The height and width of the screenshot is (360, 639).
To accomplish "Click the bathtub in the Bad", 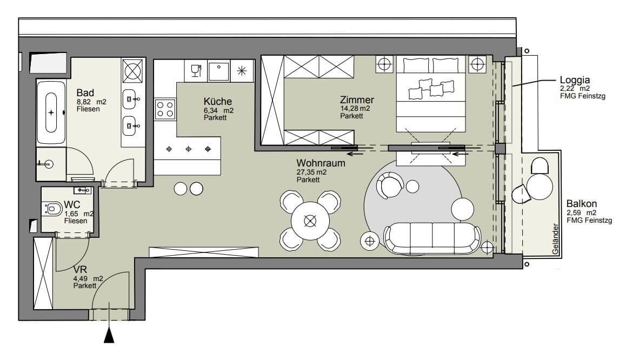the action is (51, 112).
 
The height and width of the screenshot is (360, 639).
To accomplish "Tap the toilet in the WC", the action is (52, 209).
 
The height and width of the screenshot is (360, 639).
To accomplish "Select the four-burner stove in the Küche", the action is (165, 109).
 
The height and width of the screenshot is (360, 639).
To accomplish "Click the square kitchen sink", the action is (219, 71).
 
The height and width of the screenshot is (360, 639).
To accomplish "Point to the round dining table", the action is (310, 221).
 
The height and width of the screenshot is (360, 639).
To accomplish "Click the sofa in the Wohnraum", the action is (432, 238).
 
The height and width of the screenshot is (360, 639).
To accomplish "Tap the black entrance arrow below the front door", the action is (109, 335).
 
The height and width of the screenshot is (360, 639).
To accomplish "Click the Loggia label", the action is (575, 80).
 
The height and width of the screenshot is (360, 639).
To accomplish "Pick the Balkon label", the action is (582, 203).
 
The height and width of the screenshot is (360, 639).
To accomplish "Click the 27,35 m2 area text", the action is (311, 172).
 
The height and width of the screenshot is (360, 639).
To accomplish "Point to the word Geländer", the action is (555, 239).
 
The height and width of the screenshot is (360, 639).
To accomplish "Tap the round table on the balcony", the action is (540, 186).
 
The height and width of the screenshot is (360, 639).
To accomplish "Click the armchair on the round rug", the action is (390, 185).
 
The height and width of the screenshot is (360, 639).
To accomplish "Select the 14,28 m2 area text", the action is (355, 109).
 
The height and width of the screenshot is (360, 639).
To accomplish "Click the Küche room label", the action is (218, 101).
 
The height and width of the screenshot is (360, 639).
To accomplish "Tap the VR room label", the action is (81, 270).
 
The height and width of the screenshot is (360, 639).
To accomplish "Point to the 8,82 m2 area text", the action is (91, 102).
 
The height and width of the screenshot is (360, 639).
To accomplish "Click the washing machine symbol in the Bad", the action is (133, 70).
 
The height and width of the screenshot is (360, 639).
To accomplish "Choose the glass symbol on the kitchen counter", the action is (196, 70).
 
